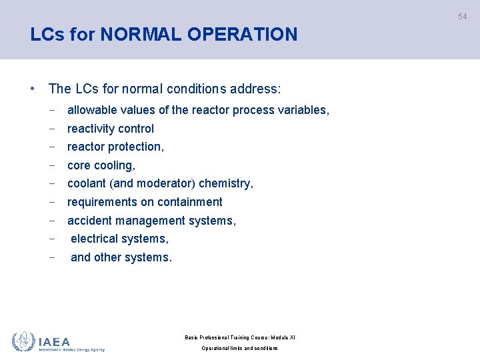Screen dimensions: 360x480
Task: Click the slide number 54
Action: (462, 17)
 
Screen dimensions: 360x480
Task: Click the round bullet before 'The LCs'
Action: (32, 89)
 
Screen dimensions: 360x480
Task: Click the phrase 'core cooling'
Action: (101, 165)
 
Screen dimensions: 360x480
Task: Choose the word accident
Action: (89, 220)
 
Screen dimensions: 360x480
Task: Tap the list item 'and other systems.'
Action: (121, 257)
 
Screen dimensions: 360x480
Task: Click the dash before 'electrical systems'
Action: (52, 239)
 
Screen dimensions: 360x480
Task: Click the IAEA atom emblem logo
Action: (23, 342)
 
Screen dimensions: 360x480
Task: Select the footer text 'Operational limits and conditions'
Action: (239, 349)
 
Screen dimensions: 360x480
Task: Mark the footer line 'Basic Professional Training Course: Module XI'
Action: (239, 337)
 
